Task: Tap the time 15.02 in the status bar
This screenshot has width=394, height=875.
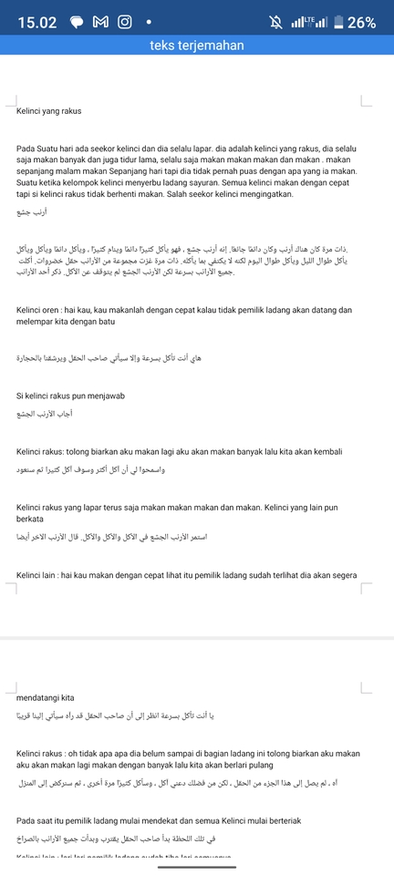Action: (37, 22)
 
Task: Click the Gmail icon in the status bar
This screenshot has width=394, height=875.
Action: (100, 22)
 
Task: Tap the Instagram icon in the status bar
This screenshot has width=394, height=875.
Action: (124, 22)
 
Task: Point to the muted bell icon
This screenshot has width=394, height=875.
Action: (275, 22)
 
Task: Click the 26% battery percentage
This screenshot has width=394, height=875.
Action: (361, 22)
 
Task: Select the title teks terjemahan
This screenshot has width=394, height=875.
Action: (196, 46)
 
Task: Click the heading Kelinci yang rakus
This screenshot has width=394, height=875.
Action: (49, 111)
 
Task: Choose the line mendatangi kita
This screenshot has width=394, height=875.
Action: (46, 697)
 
